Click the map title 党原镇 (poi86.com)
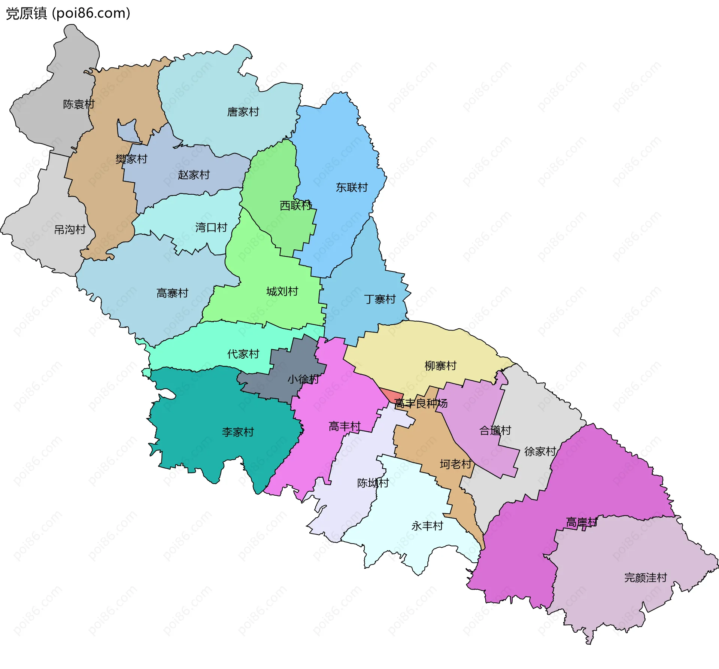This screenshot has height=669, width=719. point(68,13)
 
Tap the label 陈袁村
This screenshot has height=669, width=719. point(79,104)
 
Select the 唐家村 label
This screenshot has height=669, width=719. point(243,112)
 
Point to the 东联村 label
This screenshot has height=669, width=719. point(352,187)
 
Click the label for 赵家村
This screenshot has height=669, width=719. point(194,175)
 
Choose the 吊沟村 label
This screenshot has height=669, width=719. point(70,229)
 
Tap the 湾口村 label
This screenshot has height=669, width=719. point(211,227)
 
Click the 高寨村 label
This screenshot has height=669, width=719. point(172,293)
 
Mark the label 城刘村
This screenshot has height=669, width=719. point(282,291)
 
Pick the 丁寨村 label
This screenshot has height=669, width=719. point(380,299)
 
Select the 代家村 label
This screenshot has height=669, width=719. point(243,354)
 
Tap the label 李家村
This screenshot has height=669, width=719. point(238,432)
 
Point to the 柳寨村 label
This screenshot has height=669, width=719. point(440,366)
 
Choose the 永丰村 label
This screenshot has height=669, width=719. point(427,526)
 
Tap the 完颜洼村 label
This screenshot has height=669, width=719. point(646,578)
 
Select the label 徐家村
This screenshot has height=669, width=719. point(540,451)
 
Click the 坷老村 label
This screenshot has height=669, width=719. point(455,464)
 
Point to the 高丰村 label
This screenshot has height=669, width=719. point(345,426)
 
